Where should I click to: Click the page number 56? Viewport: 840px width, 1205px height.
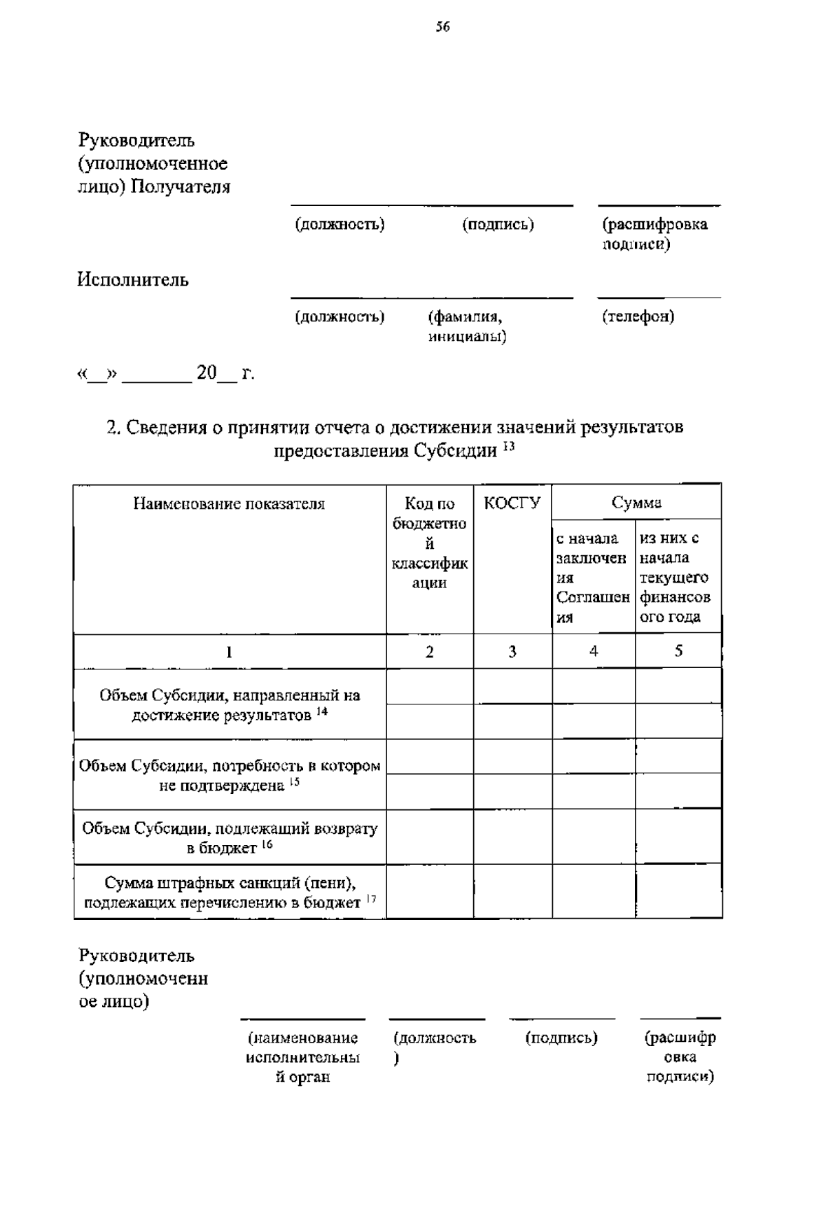442,27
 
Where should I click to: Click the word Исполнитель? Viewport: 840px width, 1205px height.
133,280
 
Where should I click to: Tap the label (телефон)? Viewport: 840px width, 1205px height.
638,316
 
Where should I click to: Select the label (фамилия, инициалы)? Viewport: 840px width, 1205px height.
467,326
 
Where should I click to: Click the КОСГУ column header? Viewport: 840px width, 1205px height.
512,503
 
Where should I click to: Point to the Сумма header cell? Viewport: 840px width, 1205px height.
636,502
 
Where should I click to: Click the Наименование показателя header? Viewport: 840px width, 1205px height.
229,503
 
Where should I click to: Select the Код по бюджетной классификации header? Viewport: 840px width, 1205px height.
429,543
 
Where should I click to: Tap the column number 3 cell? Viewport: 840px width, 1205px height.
512,651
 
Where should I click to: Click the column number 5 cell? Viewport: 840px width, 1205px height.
678,650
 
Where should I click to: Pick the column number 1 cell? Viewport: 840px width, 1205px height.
229,652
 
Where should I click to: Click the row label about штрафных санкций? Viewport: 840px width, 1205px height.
230,893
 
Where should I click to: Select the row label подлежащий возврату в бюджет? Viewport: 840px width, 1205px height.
230,837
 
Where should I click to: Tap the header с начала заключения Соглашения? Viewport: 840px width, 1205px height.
592,577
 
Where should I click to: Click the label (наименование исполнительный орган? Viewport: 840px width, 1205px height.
302,1057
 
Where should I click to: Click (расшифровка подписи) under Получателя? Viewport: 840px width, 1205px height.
654,234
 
